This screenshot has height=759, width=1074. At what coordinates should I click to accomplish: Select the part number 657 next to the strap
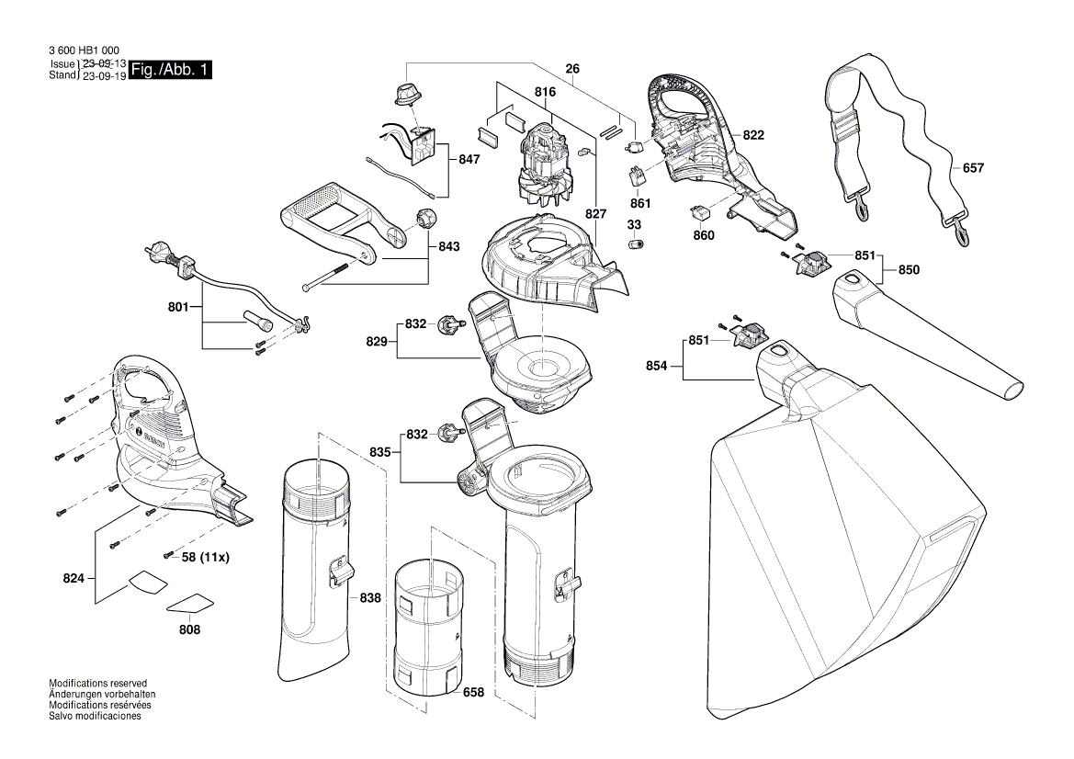973,168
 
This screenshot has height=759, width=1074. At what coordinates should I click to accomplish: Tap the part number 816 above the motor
546,93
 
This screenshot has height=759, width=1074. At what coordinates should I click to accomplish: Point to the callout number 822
753,135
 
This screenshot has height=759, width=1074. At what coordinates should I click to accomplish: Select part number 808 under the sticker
190,629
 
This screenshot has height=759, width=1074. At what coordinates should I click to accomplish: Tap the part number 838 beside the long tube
369,597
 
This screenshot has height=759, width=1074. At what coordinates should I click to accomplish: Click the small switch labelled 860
699,212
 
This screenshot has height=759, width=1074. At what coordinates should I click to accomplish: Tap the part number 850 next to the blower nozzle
909,270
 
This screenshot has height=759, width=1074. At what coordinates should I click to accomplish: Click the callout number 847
469,159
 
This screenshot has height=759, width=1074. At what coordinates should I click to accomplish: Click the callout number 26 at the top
572,68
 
